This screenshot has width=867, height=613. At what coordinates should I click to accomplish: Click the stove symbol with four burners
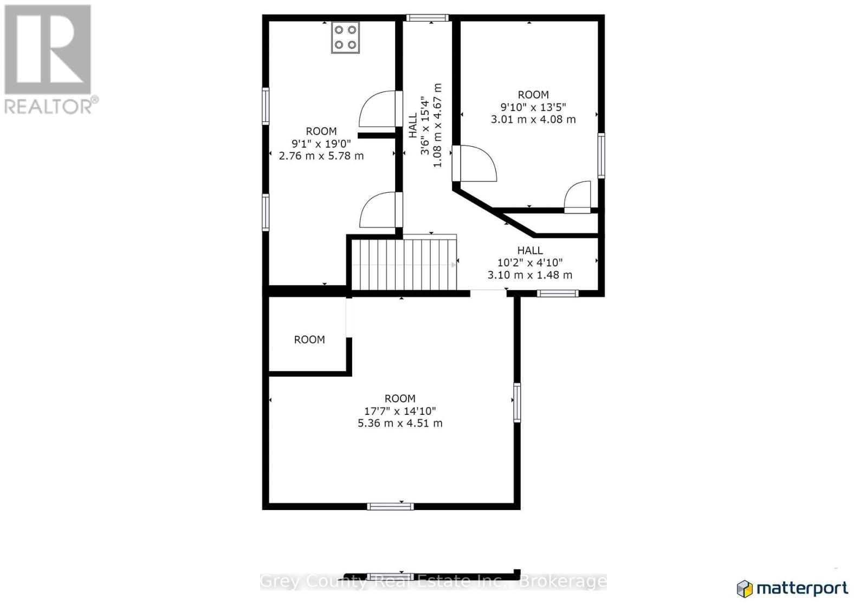345,37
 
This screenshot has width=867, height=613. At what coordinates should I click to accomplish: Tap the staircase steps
404,265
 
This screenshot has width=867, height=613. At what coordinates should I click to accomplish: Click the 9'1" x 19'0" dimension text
321,144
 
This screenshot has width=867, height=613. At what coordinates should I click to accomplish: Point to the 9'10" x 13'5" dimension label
533,107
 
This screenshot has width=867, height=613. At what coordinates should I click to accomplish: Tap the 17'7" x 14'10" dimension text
400,411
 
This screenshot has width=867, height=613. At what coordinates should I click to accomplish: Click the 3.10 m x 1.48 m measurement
529,275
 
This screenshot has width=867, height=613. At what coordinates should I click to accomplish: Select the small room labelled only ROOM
309,340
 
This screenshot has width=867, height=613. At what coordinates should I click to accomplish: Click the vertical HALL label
413,125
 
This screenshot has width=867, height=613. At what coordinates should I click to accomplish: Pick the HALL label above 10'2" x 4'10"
529,250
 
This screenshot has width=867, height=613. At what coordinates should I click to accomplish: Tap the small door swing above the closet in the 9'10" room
578,196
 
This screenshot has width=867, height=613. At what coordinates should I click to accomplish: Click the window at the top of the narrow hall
428,18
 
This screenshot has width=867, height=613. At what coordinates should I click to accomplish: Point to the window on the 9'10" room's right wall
601,155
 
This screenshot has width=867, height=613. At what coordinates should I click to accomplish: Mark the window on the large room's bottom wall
390,506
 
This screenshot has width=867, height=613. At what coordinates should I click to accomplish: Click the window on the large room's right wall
517,402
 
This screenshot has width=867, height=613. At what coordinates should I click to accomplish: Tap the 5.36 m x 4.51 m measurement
400,423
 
